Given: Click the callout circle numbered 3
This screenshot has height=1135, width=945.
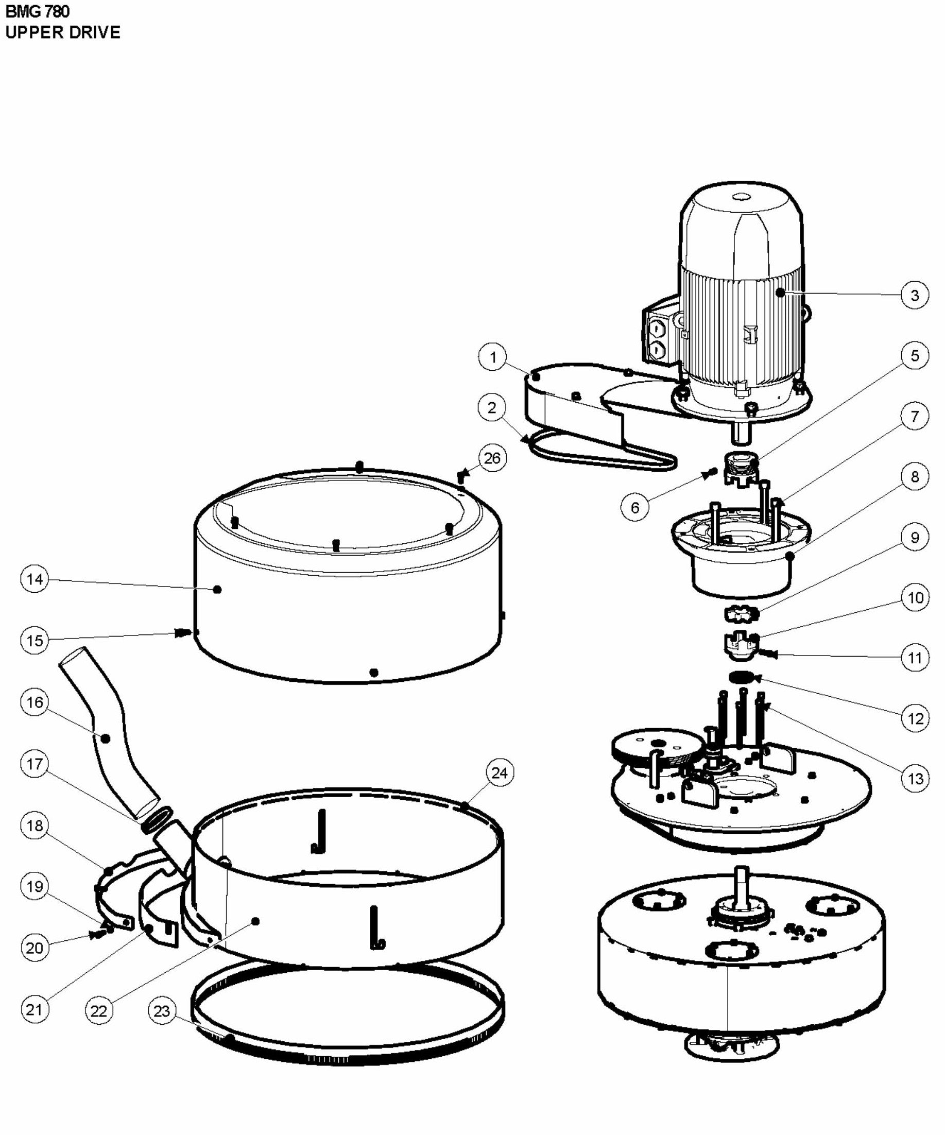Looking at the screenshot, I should click(915, 295).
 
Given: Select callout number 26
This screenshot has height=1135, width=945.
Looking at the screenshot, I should click(492, 458).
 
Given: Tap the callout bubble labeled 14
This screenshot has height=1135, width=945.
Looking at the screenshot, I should click(35, 579).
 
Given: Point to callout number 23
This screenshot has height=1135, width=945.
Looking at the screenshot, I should click(162, 1011).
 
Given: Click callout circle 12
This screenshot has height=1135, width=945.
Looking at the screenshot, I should click(915, 718).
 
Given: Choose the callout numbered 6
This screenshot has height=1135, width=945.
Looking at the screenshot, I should click(634, 508).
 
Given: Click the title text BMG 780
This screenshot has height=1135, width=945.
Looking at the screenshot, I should click(37, 11).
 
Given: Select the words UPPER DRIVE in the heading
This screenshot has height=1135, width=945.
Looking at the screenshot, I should click(63, 32).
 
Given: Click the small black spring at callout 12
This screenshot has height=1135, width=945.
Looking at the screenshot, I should click(740, 677).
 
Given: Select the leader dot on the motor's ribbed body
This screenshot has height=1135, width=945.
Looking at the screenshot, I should click(780, 293).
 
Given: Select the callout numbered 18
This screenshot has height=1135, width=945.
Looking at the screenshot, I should click(35, 826).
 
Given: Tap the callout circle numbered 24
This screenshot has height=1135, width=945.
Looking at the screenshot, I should click(499, 773).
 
